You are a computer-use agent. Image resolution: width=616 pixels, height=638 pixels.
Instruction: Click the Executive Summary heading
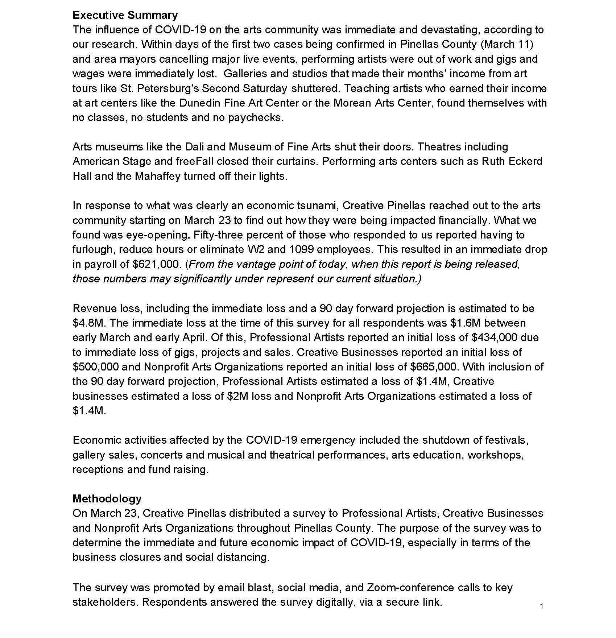125,15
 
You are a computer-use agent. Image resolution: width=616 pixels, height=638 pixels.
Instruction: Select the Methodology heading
107,498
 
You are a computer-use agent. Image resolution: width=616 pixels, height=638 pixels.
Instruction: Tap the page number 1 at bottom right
541,606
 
